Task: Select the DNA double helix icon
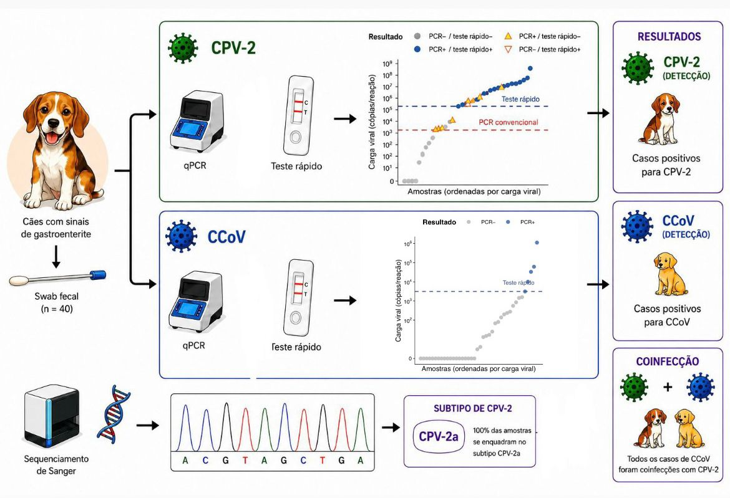[114, 413]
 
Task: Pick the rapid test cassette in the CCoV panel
[297, 297]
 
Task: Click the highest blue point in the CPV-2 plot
[530, 69]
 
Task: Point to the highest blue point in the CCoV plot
[537, 242]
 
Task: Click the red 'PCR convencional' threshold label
[508, 122]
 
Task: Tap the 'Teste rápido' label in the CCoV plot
[518, 283]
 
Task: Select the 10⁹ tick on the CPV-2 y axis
[388, 64]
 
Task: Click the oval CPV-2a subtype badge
[439, 437]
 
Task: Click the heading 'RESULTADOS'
[669, 37]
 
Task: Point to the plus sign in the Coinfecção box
[668, 386]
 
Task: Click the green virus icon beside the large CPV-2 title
[183, 48]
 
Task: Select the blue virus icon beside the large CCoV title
[181, 237]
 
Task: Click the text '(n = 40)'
[56, 309]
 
